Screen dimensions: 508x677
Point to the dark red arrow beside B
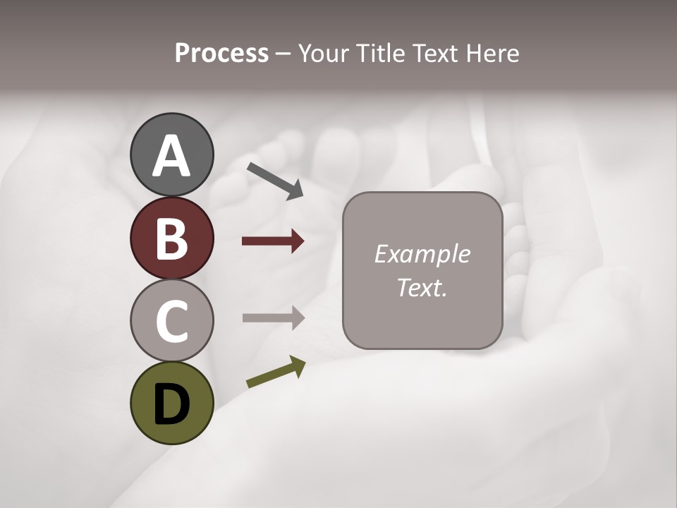pos(273,241)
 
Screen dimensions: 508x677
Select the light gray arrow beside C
pos(273,317)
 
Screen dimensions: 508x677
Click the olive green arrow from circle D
pos(276,372)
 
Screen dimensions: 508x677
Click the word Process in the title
pos(221,54)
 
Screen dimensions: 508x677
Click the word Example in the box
pos(422,254)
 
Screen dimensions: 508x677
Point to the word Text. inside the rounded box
pos(422,288)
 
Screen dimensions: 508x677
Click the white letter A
pos(171,157)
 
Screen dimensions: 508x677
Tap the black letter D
pos(171,404)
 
